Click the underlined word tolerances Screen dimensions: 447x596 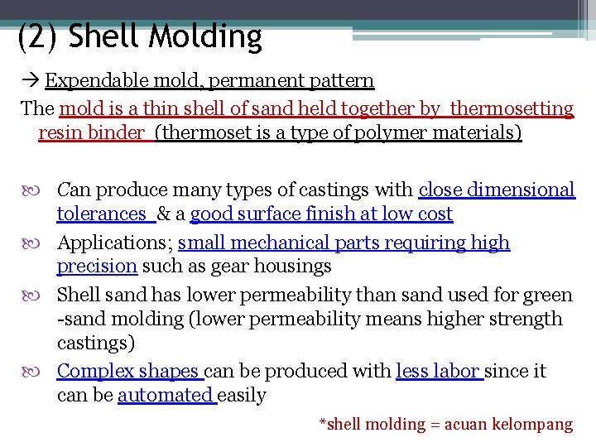pos(101,214)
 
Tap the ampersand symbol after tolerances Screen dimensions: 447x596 pos(163,214)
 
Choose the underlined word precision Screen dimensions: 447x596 pos(97,267)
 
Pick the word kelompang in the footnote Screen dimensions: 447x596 pos(532,424)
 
